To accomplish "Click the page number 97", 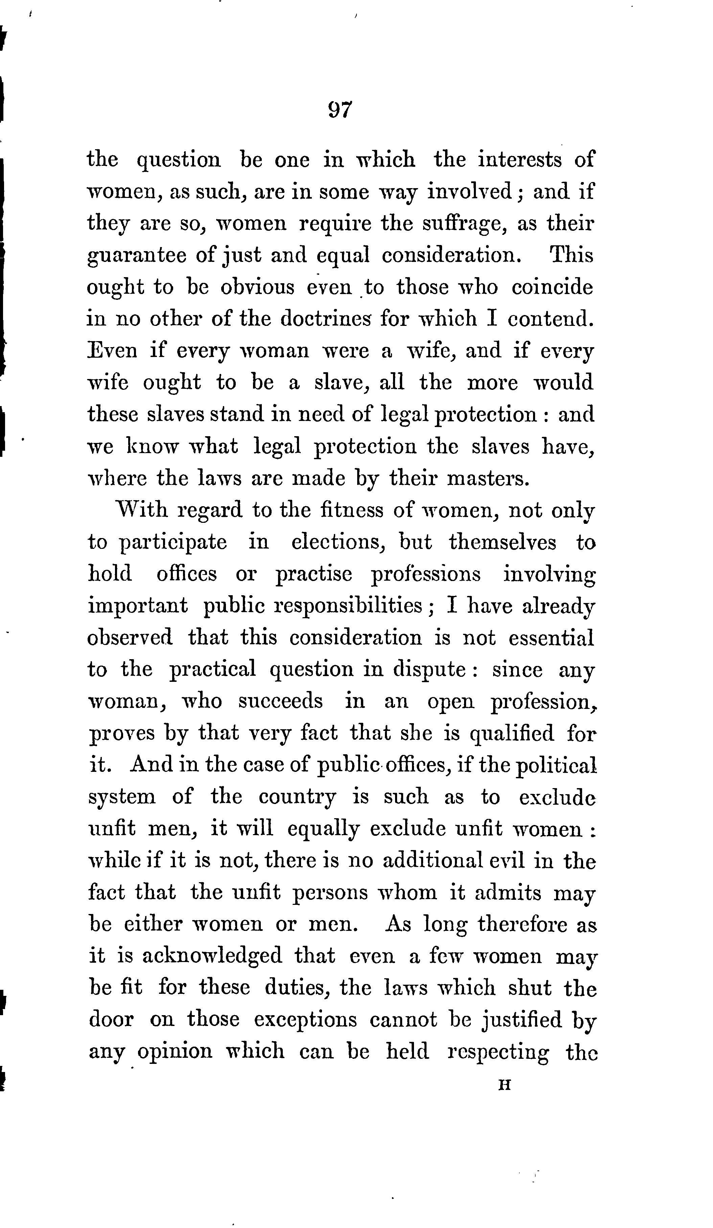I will (340, 110).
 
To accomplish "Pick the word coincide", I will (552, 287).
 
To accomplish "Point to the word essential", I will (551, 638).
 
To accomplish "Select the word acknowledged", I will (212, 956).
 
